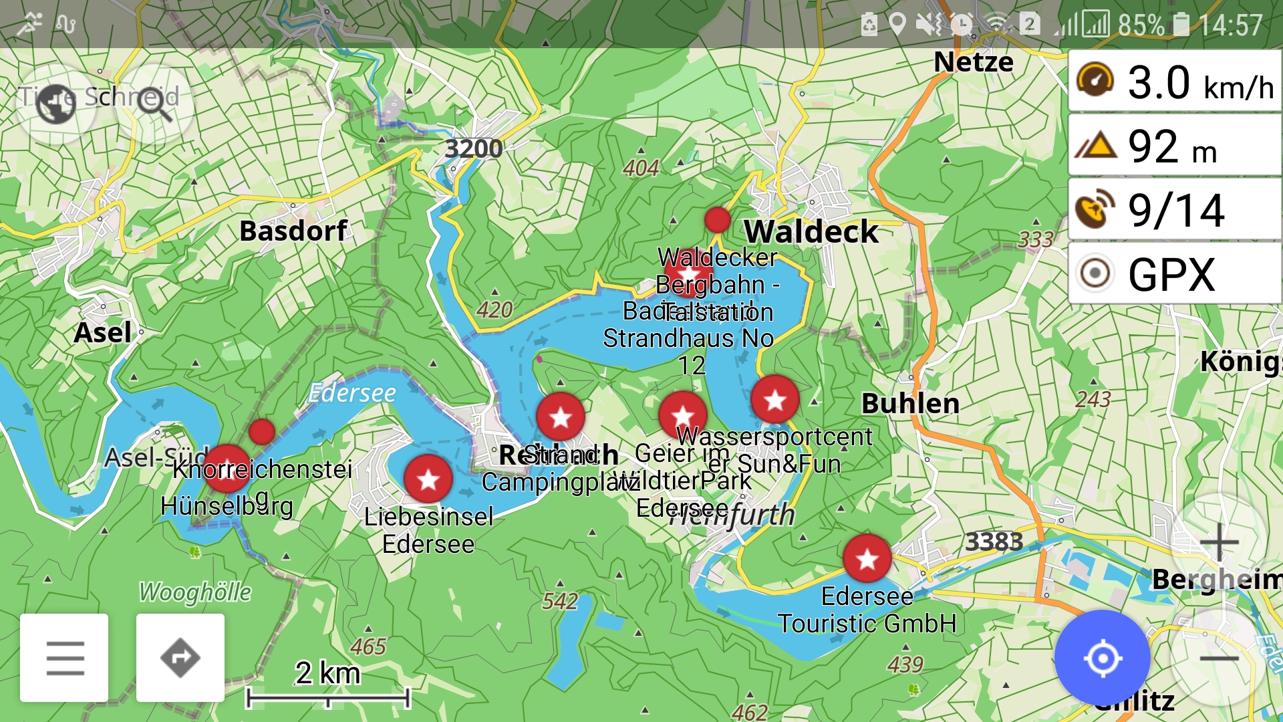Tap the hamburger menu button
(x=65, y=658)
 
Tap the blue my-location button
(x=1102, y=658)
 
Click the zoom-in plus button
(x=1219, y=541)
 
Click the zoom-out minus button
(x=1219, y=659)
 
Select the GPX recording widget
(x=1174, y=274)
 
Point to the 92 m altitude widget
(x=1174, y=146)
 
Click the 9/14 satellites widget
(x=1174, y=211)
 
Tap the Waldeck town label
(x=811, y=232)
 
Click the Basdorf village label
(x=293, y=231)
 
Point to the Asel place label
(x=102, y=333)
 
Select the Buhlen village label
(x=910, y=404)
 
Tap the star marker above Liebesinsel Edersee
(x=428, y=479)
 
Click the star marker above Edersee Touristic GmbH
(x=867, y=558)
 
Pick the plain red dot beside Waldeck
(x=717, y=219)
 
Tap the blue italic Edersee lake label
(x=352, y=393)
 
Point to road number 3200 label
(x=473, y=148)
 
